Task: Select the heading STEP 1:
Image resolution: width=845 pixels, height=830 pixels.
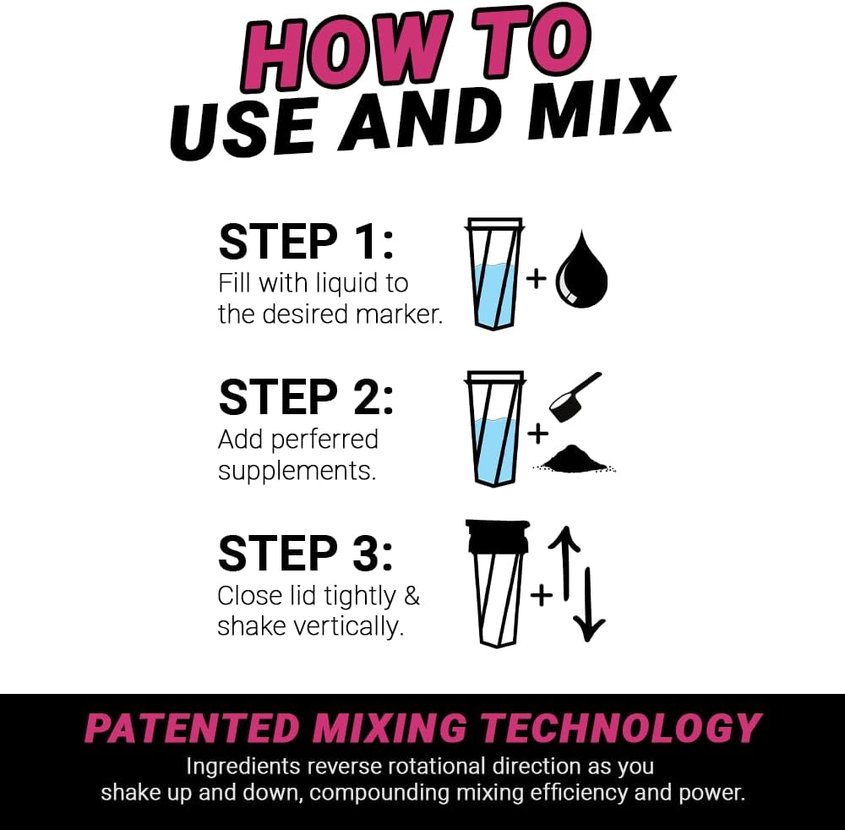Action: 306,242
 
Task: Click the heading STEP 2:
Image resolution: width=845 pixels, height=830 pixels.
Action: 306,397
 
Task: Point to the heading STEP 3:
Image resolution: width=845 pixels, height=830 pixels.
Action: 306,554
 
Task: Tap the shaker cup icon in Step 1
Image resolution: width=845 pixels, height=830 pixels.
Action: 494,275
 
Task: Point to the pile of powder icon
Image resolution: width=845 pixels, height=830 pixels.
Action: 574,458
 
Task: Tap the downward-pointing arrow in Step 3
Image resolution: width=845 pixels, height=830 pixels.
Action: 589,604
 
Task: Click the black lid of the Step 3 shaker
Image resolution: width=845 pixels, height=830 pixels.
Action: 494,538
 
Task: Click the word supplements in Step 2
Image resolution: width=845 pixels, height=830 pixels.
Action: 297,470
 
